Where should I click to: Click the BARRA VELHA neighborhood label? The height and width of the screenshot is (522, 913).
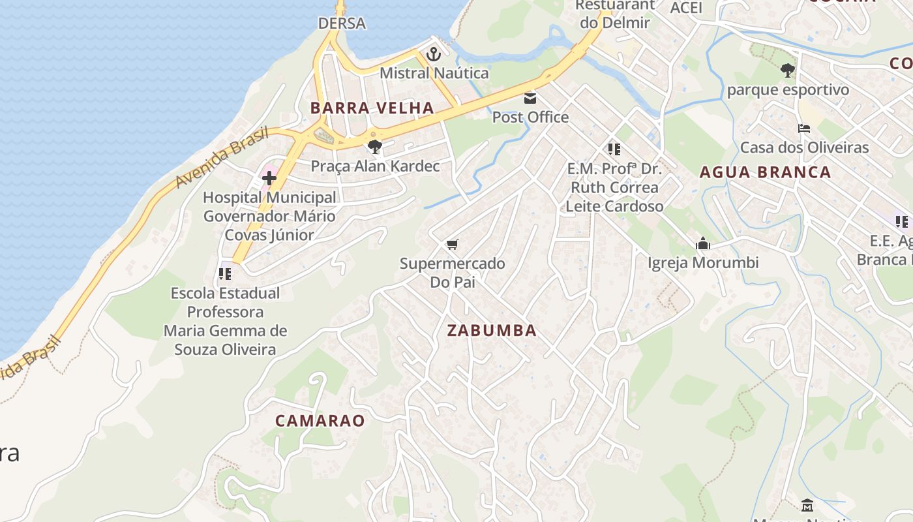click(x=372, y=108)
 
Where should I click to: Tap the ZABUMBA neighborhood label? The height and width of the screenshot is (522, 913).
click(x=492, y=331)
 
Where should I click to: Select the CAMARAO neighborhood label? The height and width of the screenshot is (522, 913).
click(x=320, y=421)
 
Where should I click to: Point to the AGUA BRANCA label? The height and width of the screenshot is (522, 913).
click(x=765, y=173)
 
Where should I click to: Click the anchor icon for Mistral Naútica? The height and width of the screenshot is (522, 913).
click(x=434, y=55)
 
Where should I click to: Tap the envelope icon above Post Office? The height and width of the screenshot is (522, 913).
click(x=530, y=99)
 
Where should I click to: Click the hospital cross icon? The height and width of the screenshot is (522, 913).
click(x=269, y=177)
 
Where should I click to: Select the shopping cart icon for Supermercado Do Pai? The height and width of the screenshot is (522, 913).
click(x=452, y=245)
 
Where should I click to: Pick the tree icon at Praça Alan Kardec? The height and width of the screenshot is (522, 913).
click(x=374, y=146)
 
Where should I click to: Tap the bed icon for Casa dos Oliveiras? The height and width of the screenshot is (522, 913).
click(x=804, y=129)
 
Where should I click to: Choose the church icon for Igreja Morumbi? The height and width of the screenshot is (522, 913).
click(x=702, y=244)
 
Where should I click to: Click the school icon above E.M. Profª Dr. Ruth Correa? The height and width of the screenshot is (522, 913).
click(x=614, y=149)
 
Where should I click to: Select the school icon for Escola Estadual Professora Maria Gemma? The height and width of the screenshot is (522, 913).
click(x=225, y=274)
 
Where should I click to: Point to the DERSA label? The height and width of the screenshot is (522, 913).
click(x=342, y=23)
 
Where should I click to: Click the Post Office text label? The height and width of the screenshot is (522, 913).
click(x=530, y=117)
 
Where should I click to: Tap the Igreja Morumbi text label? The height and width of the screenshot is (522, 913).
click(x=702, y=263)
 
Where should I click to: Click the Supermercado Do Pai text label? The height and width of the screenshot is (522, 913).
click(x=452, y=273)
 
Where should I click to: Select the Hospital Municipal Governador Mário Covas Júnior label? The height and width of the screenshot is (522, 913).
click(x=269, y=216)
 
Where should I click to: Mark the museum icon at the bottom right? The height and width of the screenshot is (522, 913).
click(x=807, y=505)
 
